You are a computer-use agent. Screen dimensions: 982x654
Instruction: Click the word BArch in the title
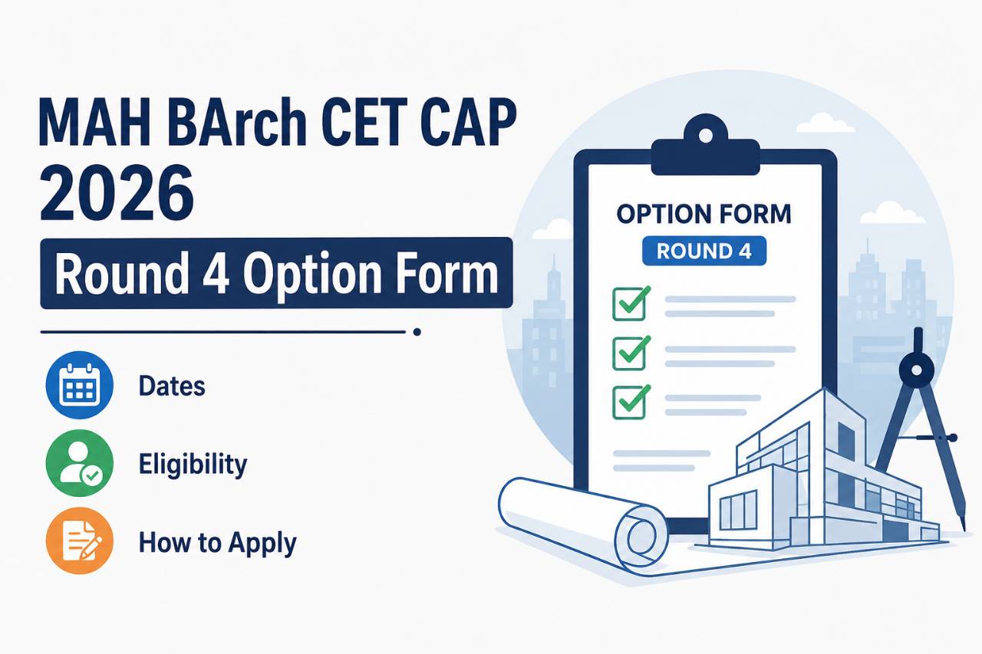pos(236,122)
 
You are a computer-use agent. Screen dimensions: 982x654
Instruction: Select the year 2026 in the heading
pos(117,193)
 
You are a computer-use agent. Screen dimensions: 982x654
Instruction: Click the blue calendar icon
pos(80,385)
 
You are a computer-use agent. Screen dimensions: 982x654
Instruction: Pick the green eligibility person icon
pos(80,463)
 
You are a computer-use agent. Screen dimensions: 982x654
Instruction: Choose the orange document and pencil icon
pos(80,541)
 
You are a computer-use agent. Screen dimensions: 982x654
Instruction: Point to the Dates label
pos(172,386)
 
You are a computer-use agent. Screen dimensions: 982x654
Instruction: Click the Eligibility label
pos(193,465)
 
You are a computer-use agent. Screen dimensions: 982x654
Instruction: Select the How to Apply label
pos(217,543)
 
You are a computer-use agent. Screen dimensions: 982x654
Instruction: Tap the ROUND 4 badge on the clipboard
pos(704,251)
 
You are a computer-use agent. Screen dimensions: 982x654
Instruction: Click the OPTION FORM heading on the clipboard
pos(704,214)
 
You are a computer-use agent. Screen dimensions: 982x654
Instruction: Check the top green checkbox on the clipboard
pos(631,304)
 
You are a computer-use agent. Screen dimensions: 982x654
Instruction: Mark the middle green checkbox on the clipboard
pos(631,353)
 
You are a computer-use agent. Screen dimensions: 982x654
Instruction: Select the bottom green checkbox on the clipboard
pos(631,402)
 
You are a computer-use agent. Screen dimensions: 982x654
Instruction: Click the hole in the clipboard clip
pos(705,134)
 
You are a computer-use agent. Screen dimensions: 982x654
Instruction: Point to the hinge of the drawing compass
pos(916,370)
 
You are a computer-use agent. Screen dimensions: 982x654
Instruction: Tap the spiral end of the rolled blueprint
pos(642,537)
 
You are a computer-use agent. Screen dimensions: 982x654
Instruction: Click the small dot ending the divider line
pos(417,332)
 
